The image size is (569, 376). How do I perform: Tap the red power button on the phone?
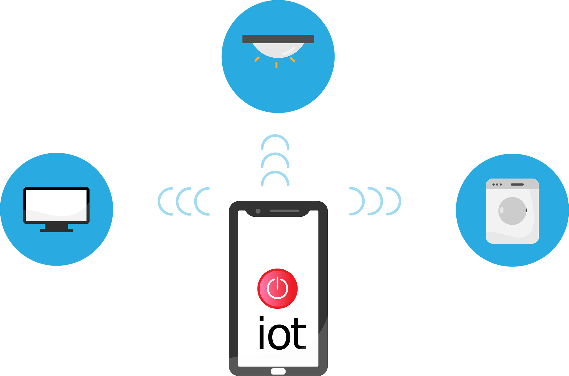click(277, 289)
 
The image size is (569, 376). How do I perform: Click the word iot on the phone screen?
click(282, 333)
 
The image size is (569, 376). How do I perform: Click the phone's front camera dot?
click(258, 211)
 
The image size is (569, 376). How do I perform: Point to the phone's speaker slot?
click(284, 211)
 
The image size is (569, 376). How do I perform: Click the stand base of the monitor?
click(56, 230)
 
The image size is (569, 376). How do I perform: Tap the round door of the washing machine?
click(512, 211)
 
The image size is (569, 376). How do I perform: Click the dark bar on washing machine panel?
click(517, 184)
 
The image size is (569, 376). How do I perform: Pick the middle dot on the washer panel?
click(497, 184)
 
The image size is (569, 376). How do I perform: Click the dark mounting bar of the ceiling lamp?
click(278, 39)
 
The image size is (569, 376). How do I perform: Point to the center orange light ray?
click(276, 65)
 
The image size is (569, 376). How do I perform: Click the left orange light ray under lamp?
click(257, 59)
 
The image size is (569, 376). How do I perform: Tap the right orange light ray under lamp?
click(293, 60)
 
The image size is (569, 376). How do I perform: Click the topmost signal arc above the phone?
click(275, 135)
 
